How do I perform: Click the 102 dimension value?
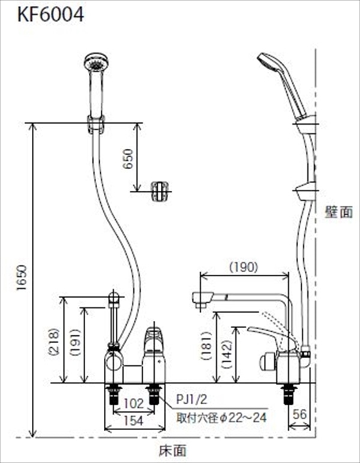pyautogui.click(x=133, y=404)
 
